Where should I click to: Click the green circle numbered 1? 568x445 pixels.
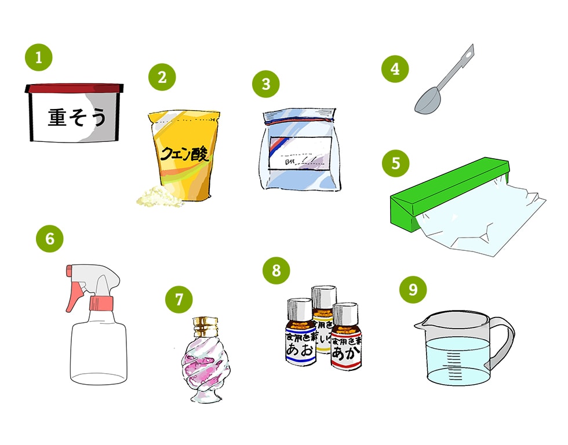pos(39,58)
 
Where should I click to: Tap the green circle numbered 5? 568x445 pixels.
pos(395,163)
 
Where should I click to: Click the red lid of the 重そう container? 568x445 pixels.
pos(74,88)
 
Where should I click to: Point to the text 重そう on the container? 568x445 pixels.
pos(77,118)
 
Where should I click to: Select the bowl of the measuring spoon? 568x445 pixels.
pos(428,103)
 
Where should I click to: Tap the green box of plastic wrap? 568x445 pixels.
pos(440,191)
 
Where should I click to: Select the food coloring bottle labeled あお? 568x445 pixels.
pos(300,342)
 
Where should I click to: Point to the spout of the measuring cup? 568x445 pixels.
pos(421,326)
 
